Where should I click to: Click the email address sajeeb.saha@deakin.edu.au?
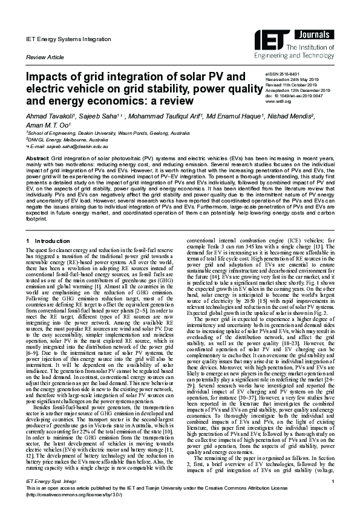pyautogui.click(x=73, y=146)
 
